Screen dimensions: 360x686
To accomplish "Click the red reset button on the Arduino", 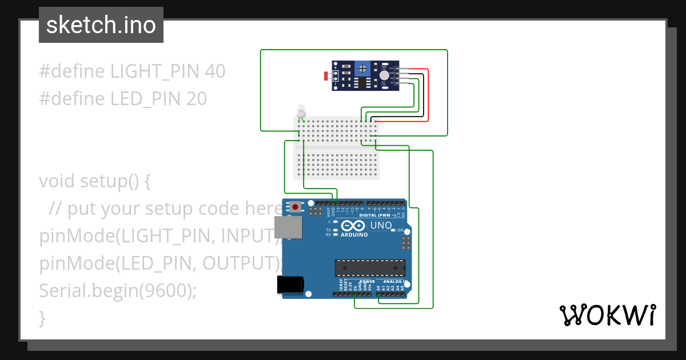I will (x=295, y=206).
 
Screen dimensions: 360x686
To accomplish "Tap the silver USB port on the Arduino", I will (x=285, y=227).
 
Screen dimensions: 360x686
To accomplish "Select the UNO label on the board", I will (x=381, y=225).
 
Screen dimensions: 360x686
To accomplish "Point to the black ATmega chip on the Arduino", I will (x=370, y=267).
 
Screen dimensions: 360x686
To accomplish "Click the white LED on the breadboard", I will (x=301, y=111).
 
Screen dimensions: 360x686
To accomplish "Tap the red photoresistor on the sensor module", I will (x=326, y=75).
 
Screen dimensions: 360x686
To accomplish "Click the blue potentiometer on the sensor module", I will (x=362, y=69).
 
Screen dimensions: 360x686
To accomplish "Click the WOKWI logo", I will (x=607, y=315).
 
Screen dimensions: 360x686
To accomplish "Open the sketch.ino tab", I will (x=101, y=25).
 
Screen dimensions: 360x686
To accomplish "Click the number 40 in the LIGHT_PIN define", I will (x=215, y=71).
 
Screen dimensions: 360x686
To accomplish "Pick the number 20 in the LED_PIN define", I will (x=196, y=99).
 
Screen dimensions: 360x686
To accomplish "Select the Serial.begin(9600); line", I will (x=118, y=291).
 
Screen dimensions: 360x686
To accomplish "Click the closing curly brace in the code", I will (x=42, y=318).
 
